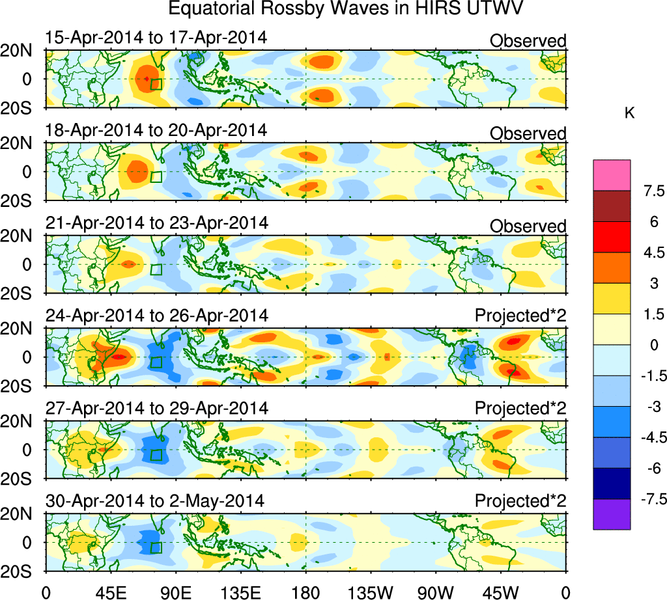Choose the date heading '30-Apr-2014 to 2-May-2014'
(x=155, y=501)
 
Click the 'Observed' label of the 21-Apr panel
(x=528, y=226)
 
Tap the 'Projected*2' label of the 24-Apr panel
(x=520, y=316)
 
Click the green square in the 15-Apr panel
(x=155, y=84)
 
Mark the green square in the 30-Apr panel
(x=156, y=547)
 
